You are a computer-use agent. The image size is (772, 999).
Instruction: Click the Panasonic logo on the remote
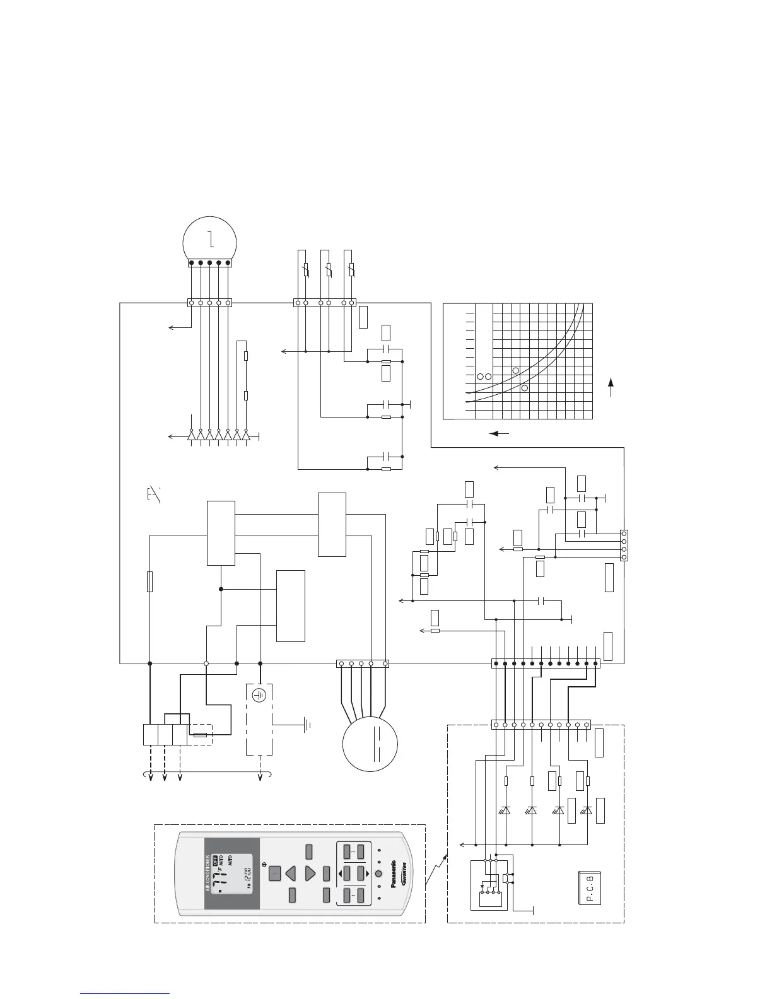point(393,873)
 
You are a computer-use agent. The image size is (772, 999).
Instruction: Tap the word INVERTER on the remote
point(402,874)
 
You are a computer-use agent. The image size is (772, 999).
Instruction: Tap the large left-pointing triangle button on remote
point(291,873)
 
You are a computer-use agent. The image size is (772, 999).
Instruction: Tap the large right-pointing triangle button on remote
point(310,873)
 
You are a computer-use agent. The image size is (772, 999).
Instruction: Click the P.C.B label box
point(590,887)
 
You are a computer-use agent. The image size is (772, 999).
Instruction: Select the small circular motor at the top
point(210,240)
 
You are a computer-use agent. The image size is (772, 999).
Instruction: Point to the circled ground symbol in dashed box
point(259,695)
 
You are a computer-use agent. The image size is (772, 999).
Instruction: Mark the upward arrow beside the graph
point(611,386)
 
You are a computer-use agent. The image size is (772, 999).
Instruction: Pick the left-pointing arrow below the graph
point(500,433)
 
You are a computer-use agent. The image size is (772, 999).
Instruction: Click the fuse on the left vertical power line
point(149,581)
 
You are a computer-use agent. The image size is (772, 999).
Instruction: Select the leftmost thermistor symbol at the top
point(306,271)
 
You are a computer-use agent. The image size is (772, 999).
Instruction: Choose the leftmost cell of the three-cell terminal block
point(149,735)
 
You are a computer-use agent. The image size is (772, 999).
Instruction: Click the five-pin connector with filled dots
point(210,262)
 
